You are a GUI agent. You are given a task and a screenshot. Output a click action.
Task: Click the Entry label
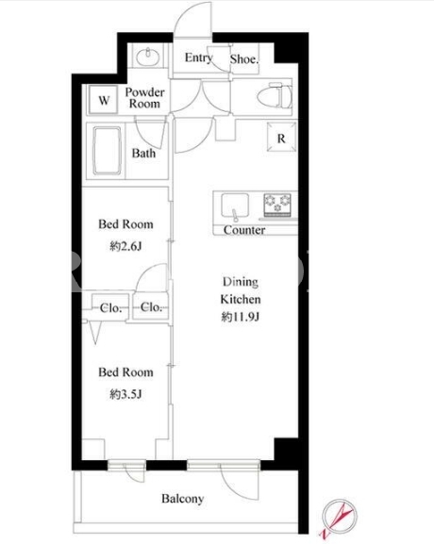click(x=198, y=58)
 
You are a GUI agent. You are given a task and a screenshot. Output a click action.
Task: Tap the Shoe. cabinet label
click(x=244, y=59)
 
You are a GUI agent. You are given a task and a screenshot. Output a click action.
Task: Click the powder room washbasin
click(x=147, y=57)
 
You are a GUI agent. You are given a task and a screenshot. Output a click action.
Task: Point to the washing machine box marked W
click(x=103, y=100)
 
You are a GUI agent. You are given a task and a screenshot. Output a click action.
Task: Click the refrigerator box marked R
click(x=281, y=138)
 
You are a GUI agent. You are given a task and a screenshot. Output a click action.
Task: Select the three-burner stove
click(x=277, y=204)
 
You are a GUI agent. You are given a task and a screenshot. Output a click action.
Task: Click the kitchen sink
click(x=235, y=206)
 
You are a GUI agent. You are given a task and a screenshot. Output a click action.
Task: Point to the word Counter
click(x=244, y=230)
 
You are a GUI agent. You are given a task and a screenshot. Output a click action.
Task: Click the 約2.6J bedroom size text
click(x=125, y=246)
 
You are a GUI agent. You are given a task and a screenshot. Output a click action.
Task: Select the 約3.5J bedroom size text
click(x=125, y=394)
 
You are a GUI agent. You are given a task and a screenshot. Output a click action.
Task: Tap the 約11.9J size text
click(x=241, y=317)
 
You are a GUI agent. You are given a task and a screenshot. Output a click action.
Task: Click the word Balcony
click(x=183, y=499)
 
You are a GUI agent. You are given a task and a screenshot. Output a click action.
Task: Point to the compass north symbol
click(x=339, y=518)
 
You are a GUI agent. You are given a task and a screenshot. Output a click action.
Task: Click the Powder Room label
click(x=144, y=98)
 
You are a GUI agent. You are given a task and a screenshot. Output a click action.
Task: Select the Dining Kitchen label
click(x=241, y=290)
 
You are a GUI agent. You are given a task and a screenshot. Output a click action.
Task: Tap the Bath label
click(x=143, y=153)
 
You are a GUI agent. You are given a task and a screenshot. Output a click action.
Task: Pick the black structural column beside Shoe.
click(x=287, y=52)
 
